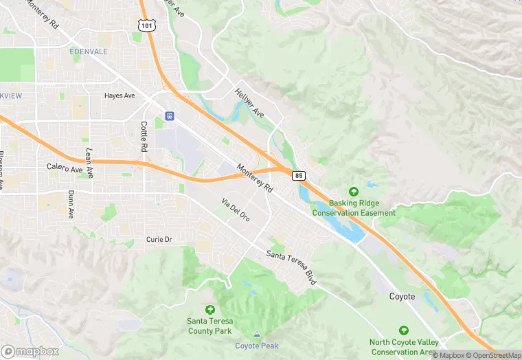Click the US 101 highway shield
146,25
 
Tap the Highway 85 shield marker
298,175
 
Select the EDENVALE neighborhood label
89,52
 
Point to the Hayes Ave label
120,95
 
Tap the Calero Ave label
65,168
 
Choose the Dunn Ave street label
71,205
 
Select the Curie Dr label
159,239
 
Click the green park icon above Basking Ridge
354,192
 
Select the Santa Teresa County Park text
209,326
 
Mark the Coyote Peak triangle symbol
257,335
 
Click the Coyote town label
402,296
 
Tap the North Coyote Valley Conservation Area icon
403,330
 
